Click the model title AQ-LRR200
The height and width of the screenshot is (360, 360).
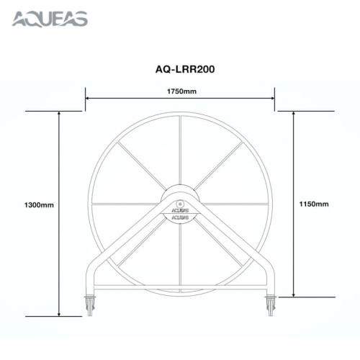pos(179,70)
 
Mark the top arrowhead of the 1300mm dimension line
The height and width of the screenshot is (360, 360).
pos(58,114)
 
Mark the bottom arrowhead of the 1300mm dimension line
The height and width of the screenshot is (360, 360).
pos(58,314)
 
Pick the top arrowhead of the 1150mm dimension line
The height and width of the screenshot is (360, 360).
pos(293,114)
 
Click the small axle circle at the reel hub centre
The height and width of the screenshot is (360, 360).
pos(181,203)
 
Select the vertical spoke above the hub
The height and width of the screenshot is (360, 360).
pos(181,151)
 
